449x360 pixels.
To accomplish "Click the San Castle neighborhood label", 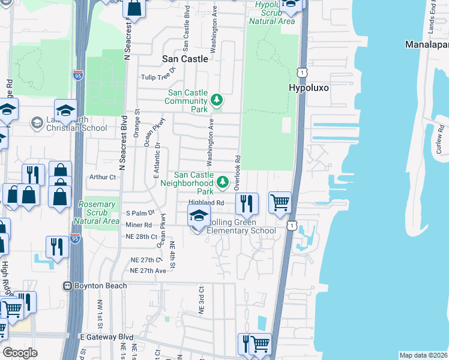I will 185,59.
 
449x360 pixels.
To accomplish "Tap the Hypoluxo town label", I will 309,87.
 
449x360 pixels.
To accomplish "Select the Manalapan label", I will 427,45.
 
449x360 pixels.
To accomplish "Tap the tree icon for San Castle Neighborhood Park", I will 223,181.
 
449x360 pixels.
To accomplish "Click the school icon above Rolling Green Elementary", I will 199,216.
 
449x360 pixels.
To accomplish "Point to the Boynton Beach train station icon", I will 68,286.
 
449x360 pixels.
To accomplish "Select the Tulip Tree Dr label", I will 158,77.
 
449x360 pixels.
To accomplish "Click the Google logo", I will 20,353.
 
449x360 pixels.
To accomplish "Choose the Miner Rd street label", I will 139,224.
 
